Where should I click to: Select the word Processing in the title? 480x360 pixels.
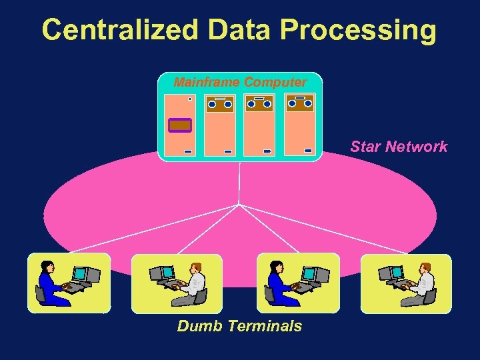[x=360, y=30]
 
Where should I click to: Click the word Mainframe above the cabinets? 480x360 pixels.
[x=207, y=83]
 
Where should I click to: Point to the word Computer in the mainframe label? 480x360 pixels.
[x=275, y=83]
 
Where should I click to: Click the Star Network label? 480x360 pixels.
[x=399, y=147]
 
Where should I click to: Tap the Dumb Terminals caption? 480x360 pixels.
[x=239, y=326]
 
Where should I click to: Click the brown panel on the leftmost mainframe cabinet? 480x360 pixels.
[x=180, y=125]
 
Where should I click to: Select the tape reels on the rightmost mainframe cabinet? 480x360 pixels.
[x=299, y=103]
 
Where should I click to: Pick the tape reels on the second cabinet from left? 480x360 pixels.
[x=219, y=104]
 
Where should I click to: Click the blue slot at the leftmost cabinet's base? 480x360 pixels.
[x=188, y=151]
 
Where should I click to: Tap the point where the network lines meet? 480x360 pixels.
[x=239, y=204]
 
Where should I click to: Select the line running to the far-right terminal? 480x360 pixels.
[x=327, y=229]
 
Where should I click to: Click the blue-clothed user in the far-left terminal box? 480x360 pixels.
[x=50, y=283]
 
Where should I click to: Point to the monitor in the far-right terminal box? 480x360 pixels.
[x=396, y=273]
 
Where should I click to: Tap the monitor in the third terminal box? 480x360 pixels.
[x=309, y=274]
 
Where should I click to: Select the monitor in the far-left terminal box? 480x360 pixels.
[x=80, y=274]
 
